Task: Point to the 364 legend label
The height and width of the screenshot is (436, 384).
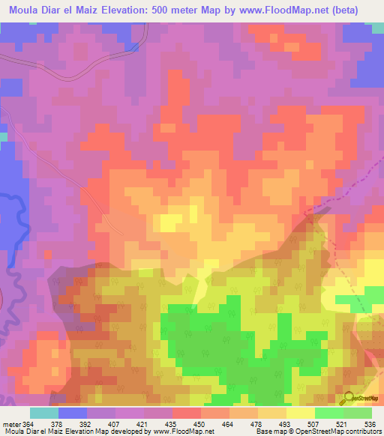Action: click(28, 424)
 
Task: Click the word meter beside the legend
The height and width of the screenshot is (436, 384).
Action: click(10, 424)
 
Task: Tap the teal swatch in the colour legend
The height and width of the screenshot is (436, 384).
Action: click(44, 413)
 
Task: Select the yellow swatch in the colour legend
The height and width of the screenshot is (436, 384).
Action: click(301, 413)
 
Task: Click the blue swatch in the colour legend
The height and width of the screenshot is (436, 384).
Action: click(73, 413)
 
